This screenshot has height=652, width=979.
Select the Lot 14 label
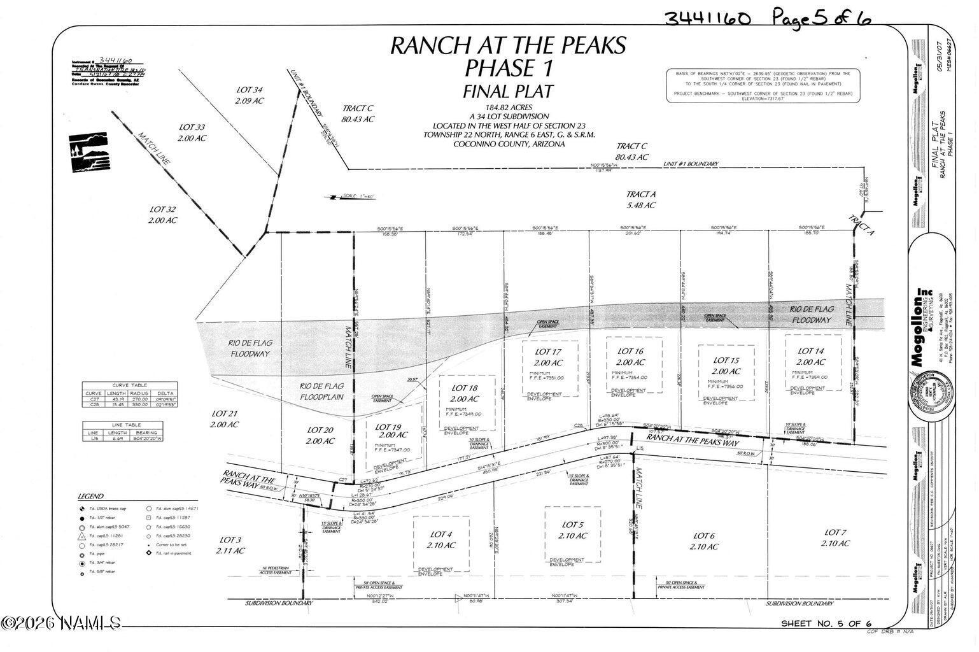click(810, 351)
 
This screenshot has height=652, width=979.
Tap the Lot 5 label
click(572, 525)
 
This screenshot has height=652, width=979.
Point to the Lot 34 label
click(249, 90)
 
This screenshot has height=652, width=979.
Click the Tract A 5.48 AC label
click(640, 194)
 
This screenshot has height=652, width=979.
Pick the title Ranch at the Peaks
click(507, 45)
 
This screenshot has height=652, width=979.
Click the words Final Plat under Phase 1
click(507, 91)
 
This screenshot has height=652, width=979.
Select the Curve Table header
click(129, 385)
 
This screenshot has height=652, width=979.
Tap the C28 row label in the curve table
click(94, 404)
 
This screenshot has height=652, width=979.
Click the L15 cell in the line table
click(94, 439)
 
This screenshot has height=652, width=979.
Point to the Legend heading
click(90, 497)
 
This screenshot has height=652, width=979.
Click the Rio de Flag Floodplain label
click(321, 386)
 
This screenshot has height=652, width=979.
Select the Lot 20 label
click(320, 430)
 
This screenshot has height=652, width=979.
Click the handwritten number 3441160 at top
click(707, 17)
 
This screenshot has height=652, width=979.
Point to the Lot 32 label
click(162, 209)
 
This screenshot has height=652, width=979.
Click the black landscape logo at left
click(88, 153)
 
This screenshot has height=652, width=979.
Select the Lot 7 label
click(835, 532)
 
